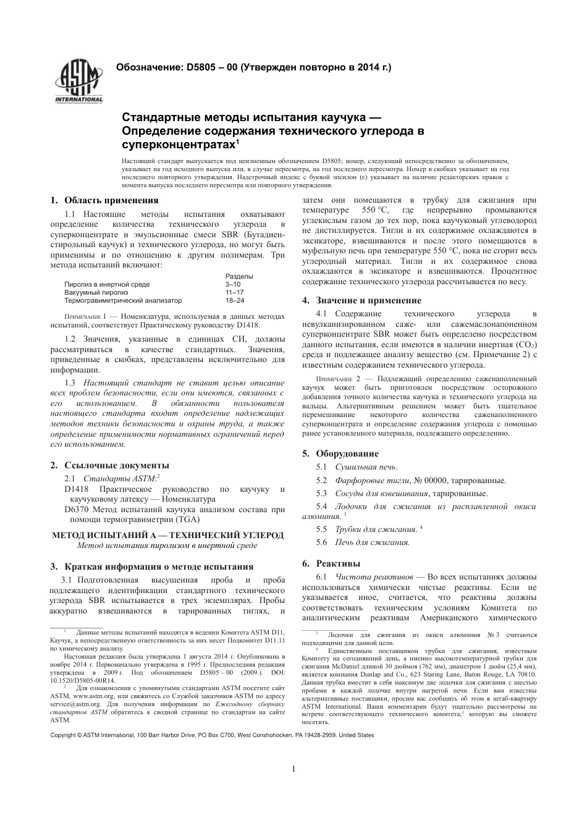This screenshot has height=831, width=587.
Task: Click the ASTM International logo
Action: (x=79, y=82)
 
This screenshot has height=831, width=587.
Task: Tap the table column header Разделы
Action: (x=239, y=276)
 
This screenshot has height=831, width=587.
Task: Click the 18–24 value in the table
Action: (x=235, y=300)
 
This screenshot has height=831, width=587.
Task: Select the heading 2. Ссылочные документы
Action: (x=109, y=465)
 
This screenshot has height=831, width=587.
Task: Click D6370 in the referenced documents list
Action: (x=77, y=510)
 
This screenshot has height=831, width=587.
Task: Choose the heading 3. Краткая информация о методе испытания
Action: (x=151, y=566)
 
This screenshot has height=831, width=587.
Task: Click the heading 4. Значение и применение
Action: (x=361, y=300)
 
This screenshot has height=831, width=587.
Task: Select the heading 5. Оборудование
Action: (x=340, y=453)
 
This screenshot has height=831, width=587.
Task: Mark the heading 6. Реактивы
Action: (x=331, y=563)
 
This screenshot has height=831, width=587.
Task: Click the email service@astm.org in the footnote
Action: (x=73, y=704)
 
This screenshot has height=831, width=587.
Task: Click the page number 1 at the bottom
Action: (x=293, y=769)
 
